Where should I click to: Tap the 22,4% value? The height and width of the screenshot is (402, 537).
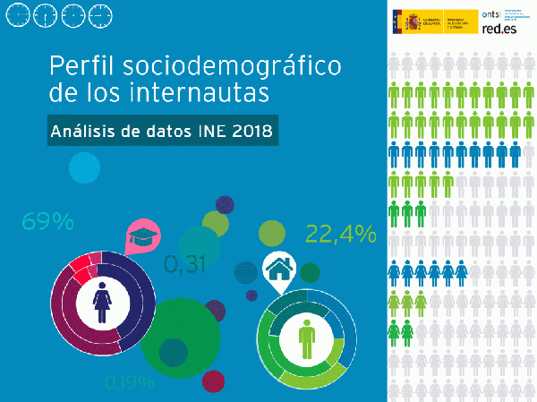(341, 234)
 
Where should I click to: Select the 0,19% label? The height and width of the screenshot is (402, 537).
(129, 383)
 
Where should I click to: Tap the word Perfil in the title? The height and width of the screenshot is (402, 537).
(83, 65)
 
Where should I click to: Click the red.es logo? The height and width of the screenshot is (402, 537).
(499, 30)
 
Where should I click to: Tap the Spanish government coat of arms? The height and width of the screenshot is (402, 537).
(400, 21)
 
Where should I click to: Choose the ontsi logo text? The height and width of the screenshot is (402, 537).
(490, 13)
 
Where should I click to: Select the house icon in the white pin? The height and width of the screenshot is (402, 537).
(279, 267)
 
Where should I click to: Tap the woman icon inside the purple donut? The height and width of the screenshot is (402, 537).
(101, 302)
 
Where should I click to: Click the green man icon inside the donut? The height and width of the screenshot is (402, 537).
(305, 339)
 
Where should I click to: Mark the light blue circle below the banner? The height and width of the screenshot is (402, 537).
(84, 167)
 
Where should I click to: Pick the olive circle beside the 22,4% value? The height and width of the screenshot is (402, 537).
(272, 233)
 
